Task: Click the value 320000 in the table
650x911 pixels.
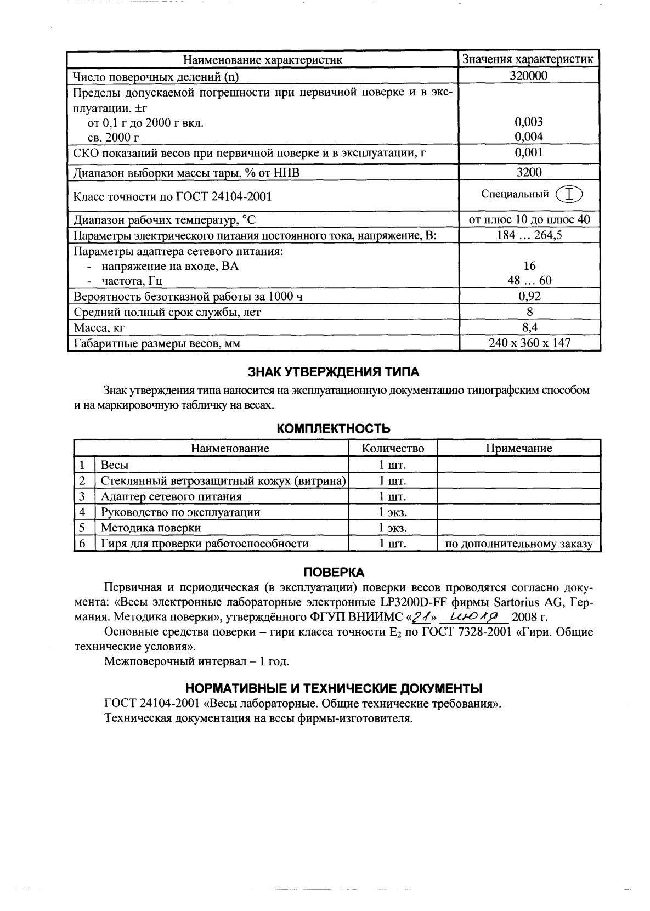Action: pyautogui.click(x=529, y=76)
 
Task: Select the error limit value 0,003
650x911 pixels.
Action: pyautogui.click(x=529, y=122)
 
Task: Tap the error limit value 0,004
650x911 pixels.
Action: pyautogui.click(x=529, y=136)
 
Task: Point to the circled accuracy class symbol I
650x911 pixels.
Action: pyautogui.click(x=569, y=195)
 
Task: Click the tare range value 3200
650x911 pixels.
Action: pyautogui.click(x=529, y=172)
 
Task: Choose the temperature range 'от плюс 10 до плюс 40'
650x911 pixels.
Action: pyautogui.click(x=529, y=220)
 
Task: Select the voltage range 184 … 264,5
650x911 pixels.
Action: pyautogui.click(x=529, y=236)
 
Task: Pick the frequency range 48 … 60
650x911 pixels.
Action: pyautogui.click(x=529, y=280)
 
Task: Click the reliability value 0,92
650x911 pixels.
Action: pyautogui.click(x=529, y=297)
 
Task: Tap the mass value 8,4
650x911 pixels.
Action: pyautogui.click(x=529, y=328)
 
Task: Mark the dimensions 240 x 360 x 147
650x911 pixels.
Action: pyautogui.click(x=529, y=343)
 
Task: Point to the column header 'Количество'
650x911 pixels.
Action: pyautogui.click(x=393, y=448)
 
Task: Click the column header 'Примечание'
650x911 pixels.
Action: pyautogui.click(x=518, y=448)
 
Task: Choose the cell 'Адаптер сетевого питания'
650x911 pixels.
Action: pyautogui.click(x=171, y=496)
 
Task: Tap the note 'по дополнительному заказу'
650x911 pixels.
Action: pyautogui.click(x=518, y=544)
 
